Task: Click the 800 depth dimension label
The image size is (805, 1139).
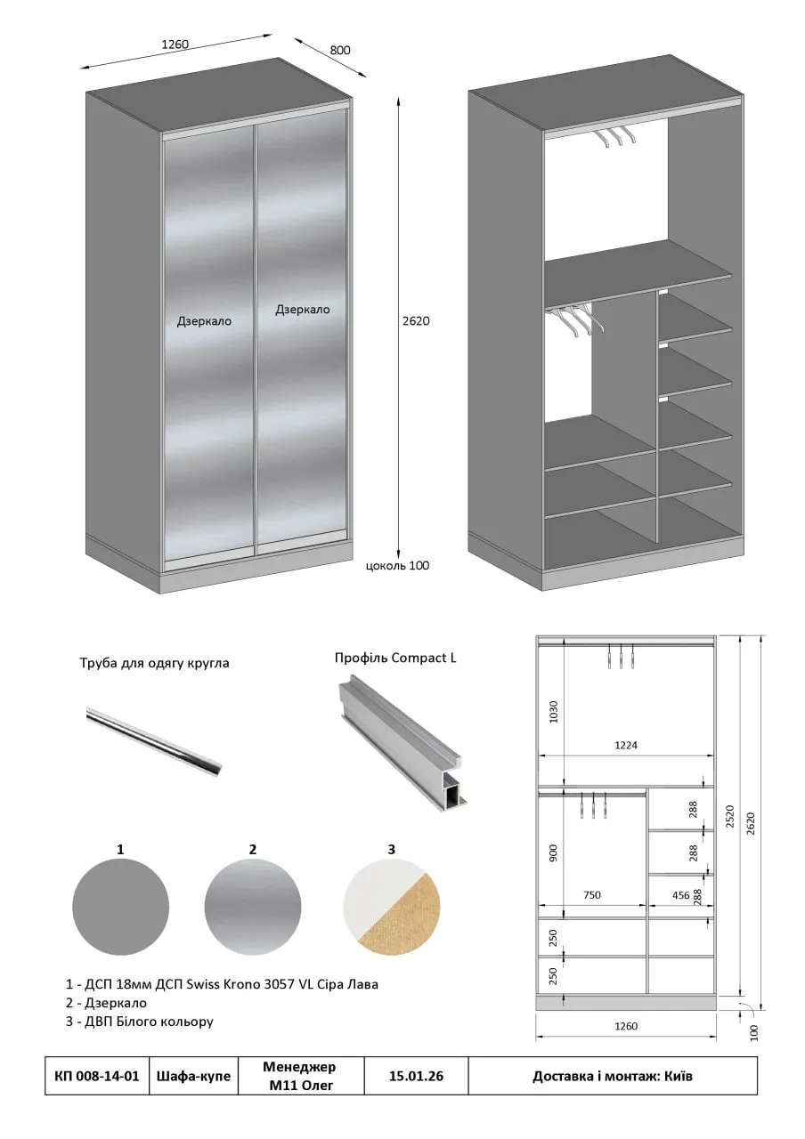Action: pos(340,50)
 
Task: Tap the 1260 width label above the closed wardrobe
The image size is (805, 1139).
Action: pos(175,44)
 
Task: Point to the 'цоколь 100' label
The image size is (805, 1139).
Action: pos(398,565)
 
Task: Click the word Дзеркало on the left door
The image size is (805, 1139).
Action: pos(204,321)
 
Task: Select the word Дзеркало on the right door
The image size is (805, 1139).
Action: pos(303,309)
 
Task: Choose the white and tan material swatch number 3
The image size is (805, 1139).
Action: pos(392,907)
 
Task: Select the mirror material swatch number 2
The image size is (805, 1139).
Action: pos(253,907)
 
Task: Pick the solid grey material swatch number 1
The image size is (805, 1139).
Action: pos(120,907)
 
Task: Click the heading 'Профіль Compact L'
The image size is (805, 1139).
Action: pos(395,658)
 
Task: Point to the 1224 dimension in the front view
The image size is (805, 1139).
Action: pos(626,745)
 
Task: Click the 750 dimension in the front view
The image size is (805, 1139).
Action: pos(592,894)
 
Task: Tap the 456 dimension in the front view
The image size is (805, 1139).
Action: pos(681,895)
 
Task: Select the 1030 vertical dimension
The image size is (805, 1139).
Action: pos(554,712)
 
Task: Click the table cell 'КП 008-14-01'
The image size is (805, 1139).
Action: pos(97,1076)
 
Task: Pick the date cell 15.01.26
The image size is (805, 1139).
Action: pos(416,1076)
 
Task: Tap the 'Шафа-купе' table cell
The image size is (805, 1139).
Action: pos(193,1076)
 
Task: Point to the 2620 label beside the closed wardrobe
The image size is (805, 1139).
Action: pos(416,321)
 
